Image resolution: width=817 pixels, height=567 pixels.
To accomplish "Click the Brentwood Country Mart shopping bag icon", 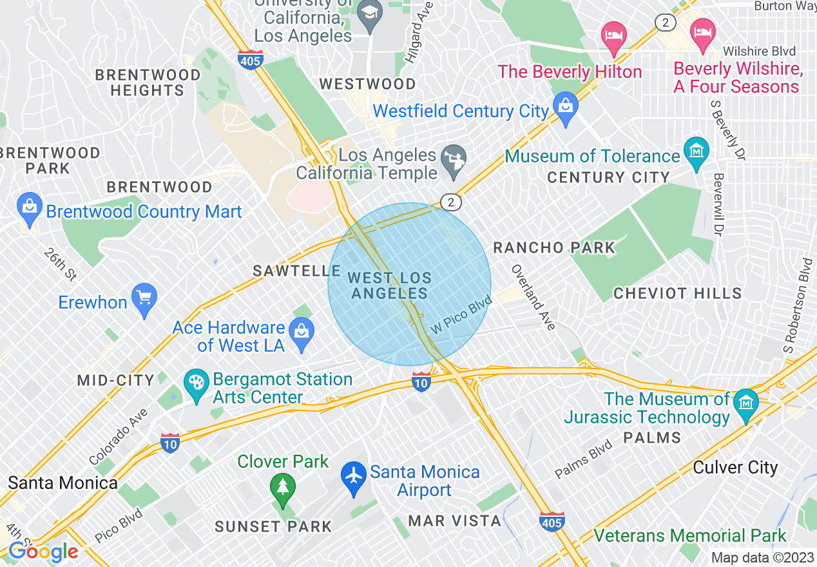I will click(29, 207).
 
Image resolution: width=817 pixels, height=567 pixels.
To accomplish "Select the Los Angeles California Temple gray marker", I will click(454, 159).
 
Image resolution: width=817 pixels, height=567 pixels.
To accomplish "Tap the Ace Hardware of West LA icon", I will click(301, 332).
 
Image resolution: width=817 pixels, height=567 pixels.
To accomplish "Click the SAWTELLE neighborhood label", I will click(296, 271).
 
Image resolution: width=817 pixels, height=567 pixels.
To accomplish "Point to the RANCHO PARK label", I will click(554, 247).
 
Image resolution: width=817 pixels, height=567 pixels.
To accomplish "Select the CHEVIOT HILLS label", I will click(677, 294).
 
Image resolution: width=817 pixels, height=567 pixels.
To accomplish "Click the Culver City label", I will click(735, 467).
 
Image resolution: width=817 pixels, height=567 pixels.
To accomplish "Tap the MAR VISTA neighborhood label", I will click(455, 520).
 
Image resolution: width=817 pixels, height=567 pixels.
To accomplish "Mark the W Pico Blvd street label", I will click(461, 315).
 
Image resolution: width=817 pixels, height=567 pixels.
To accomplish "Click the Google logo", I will click(43, 551).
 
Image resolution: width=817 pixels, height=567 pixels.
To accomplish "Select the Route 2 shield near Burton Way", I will click(665, 23).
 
